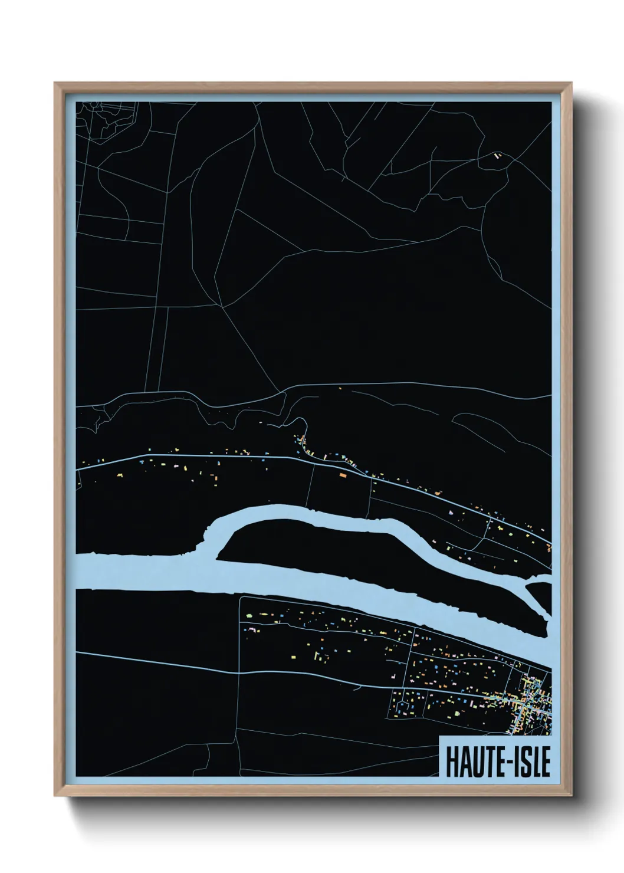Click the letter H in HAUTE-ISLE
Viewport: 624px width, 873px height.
point(453,763)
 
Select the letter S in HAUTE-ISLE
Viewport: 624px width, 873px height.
point(524,763)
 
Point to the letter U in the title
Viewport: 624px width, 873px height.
point(475,763)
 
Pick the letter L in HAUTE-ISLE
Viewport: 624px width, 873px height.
point(534,763)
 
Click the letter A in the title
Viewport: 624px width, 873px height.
point(464,763)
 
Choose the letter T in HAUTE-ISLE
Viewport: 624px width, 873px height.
point(486,763)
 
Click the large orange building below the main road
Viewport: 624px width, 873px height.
point(342,474)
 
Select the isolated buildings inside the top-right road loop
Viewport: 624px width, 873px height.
point(497,156)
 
